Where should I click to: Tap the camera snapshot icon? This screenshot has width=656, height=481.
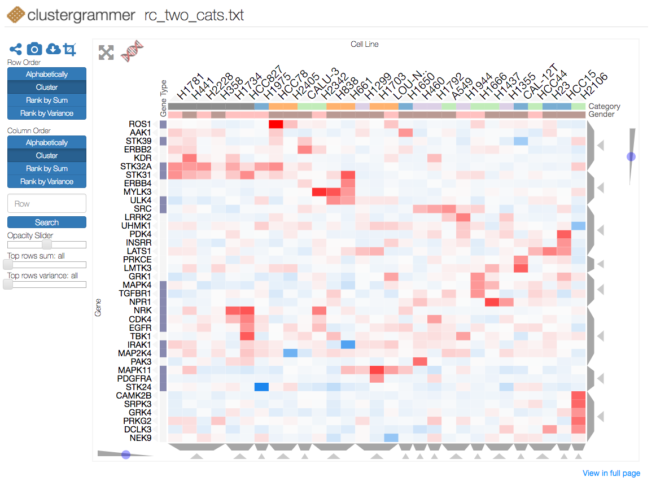(x=34, y=49)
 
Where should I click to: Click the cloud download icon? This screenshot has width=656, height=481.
(x=53, y=49)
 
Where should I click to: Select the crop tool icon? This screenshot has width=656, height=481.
(x=69, y=49)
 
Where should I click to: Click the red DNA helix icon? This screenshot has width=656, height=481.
(x=132, y=51)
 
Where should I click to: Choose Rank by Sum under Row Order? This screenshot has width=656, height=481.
(x=47, y=100)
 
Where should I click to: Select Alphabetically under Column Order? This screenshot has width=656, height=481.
(x=47, y=143)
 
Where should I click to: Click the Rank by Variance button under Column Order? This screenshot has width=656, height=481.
(x=47, y=181)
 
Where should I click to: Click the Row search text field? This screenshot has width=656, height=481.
(x=47, y=204)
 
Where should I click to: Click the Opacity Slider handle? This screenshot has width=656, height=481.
(x=47, y=244)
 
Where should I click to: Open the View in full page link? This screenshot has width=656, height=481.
(x=611, y=473)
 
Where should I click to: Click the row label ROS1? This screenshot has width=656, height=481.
(x=140, y=124)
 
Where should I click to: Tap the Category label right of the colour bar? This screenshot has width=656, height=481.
(x=604, y=106)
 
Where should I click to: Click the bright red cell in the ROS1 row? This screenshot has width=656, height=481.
(x=276, y=124)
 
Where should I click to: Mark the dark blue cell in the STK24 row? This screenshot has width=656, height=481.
(x=261, y=387)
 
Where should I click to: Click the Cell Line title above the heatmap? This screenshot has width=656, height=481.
(x=364, y=44)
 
